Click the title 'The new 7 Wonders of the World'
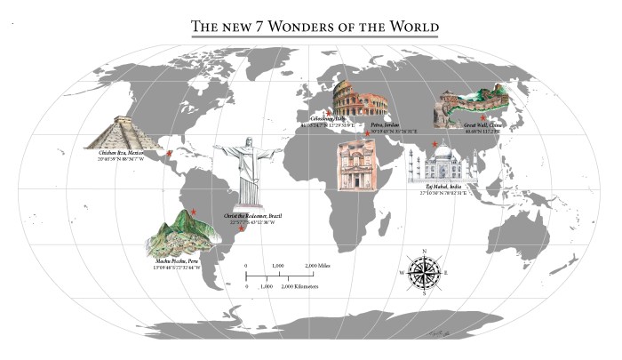pyautogui.click(x=315, y=27)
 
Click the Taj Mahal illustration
pyautogui.click(x=442, y=165)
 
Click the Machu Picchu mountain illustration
pyautogui.click(x=184, y=235)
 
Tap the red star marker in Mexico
pyautogui.click(x=170, y=154)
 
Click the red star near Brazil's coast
pyautogui.click(x=241, y=230)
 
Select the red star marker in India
pyautogui.click(x=435, y=144)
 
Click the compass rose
pyautogui.click(x=424, y=273)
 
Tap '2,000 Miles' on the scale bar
pyautogui.click(x=321, y=266)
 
